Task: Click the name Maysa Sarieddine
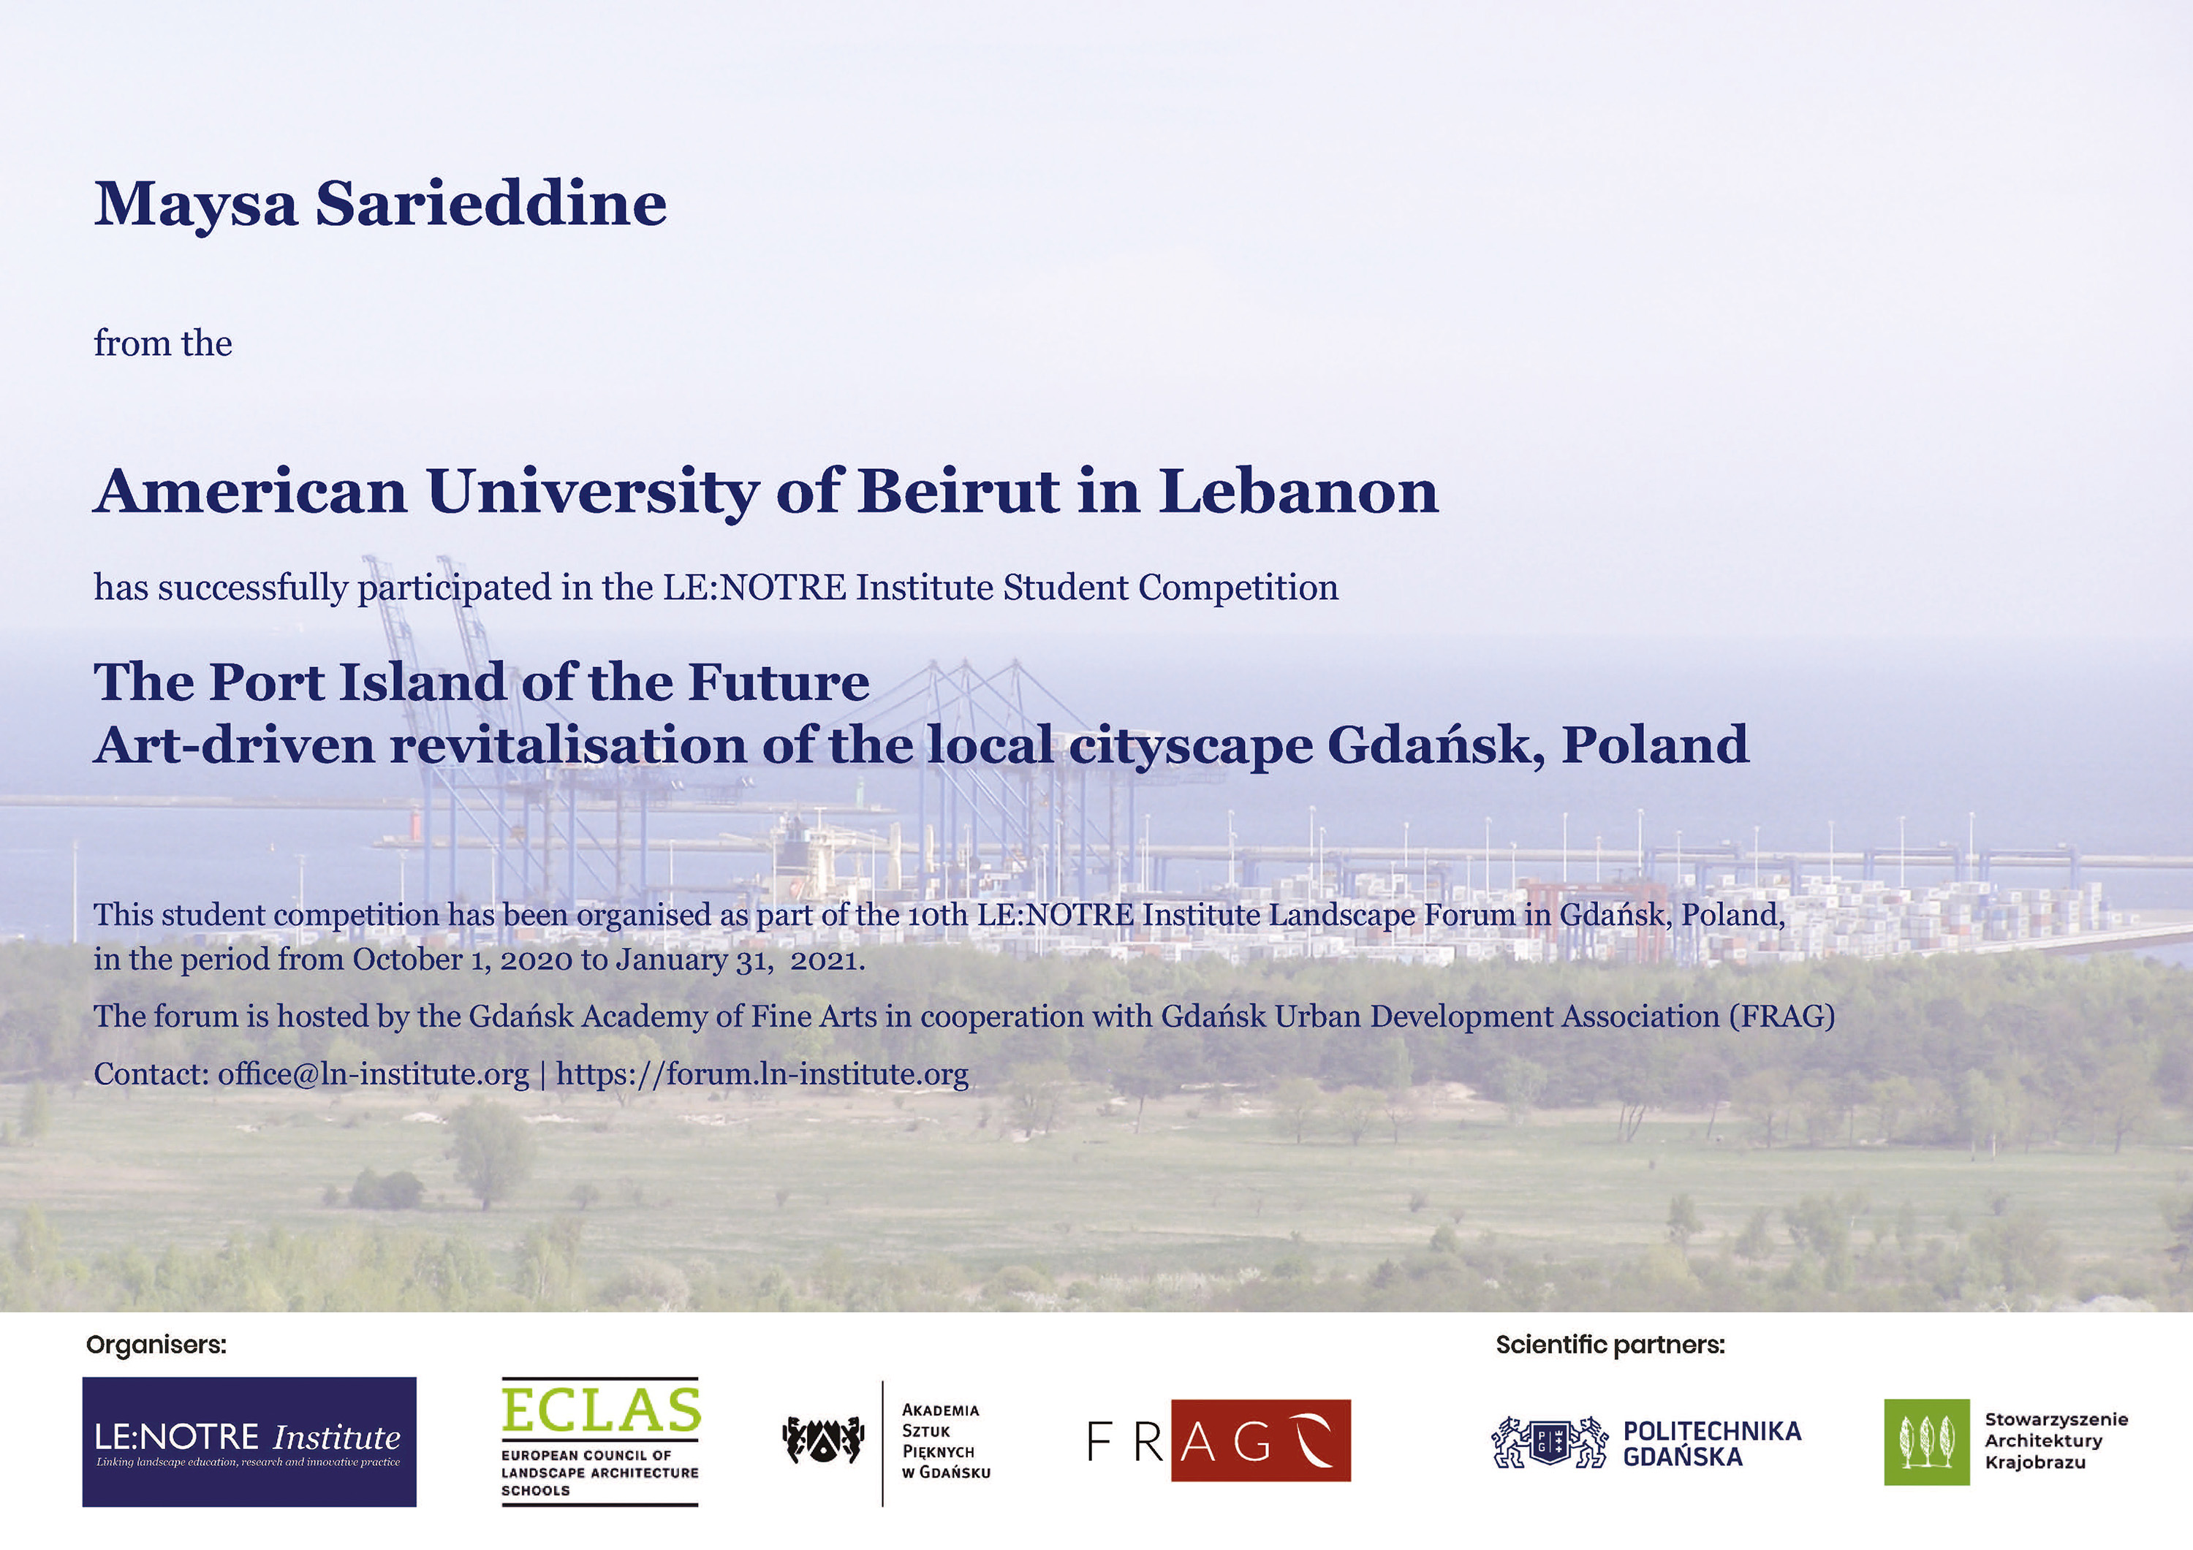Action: [380, 203]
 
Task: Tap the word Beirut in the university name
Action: [959, 491]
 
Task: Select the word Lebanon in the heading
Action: [1299, 491]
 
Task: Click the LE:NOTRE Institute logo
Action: [249, 1441]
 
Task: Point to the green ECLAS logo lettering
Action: [601, 1410]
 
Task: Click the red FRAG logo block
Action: [1261, 1440]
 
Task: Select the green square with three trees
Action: [1926, 1442]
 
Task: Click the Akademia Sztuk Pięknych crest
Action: [823, 1441]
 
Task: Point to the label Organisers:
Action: [156, 1345]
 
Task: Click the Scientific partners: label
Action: [1610, 1345]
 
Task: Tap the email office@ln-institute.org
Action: [374, 1074]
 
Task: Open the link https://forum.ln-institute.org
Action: [762, 1074]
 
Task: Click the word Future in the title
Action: [779, 682]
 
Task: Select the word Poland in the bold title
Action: [1654, 745]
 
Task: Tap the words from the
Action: [162, 343]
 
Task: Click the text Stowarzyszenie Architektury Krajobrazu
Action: [2056, 1441]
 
